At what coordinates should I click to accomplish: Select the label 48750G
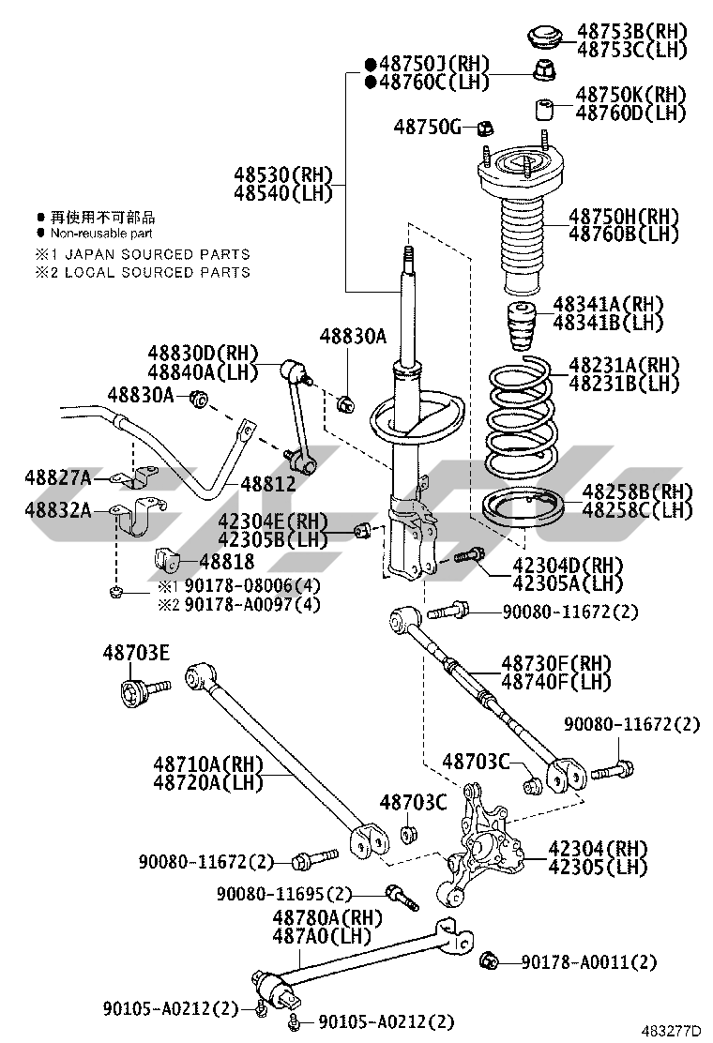[428, 126]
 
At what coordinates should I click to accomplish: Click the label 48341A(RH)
[608, 304]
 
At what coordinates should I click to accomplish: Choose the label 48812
[268, 484]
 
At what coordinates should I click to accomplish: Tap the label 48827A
[58, 478]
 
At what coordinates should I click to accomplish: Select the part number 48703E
[137, 653]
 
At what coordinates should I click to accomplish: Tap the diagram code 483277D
[670, 1031]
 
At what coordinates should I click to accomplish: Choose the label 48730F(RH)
[555, 663]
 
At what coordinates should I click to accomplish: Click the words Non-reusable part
[101, 234]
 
